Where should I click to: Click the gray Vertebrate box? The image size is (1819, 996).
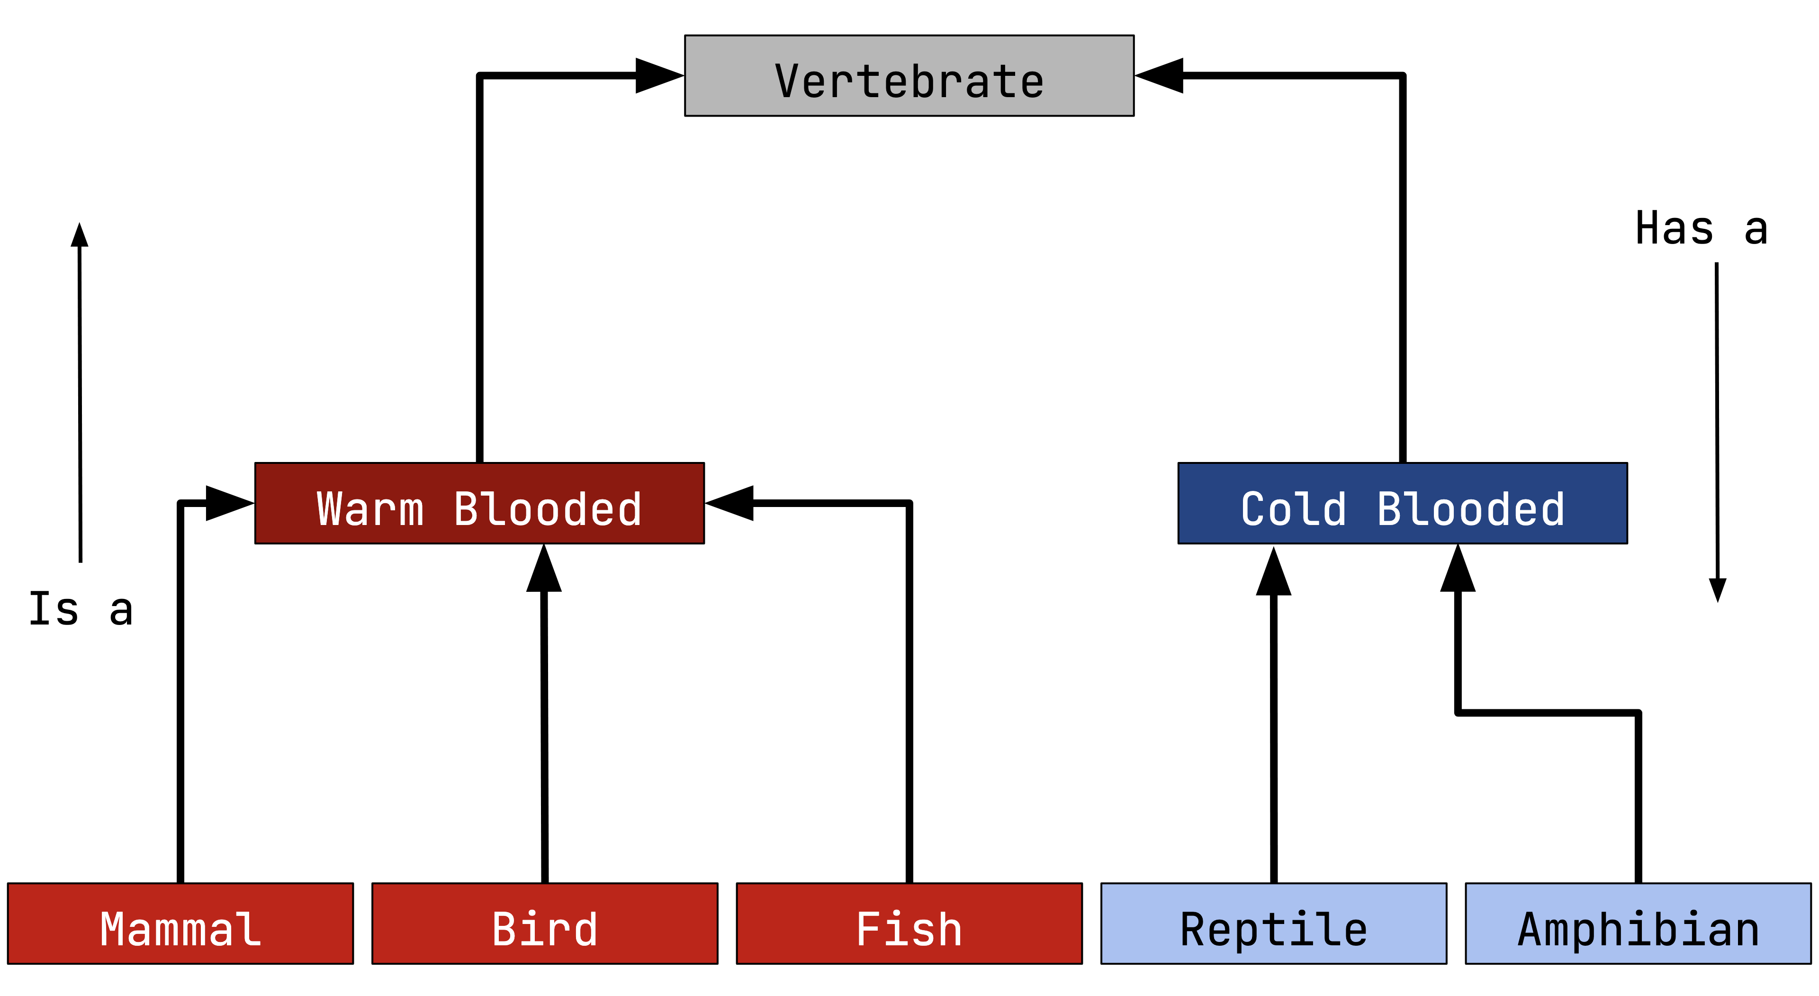[x=909, y=76]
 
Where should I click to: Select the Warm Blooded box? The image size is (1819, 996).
[x=479, y=503]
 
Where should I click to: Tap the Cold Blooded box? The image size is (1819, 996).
[x=1402, y=503]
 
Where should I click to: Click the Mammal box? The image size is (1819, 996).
[x=180, y=923]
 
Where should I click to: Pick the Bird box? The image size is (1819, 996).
[x=544, y=923]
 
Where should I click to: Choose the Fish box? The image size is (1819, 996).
[x=909, y=923]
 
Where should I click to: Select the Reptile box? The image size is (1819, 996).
[x=1273, y=923]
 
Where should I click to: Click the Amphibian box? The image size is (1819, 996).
[x=1638, y=923]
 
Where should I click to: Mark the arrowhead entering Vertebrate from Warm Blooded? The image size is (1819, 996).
[x=659, y=76]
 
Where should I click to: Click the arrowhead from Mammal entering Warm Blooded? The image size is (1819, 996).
[x=229, y=503]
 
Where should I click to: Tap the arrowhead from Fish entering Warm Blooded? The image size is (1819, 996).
[x=730, y=503]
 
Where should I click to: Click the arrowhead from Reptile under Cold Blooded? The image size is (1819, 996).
[x=1273, y=572]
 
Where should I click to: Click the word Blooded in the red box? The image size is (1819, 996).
[x=547, y=508]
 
